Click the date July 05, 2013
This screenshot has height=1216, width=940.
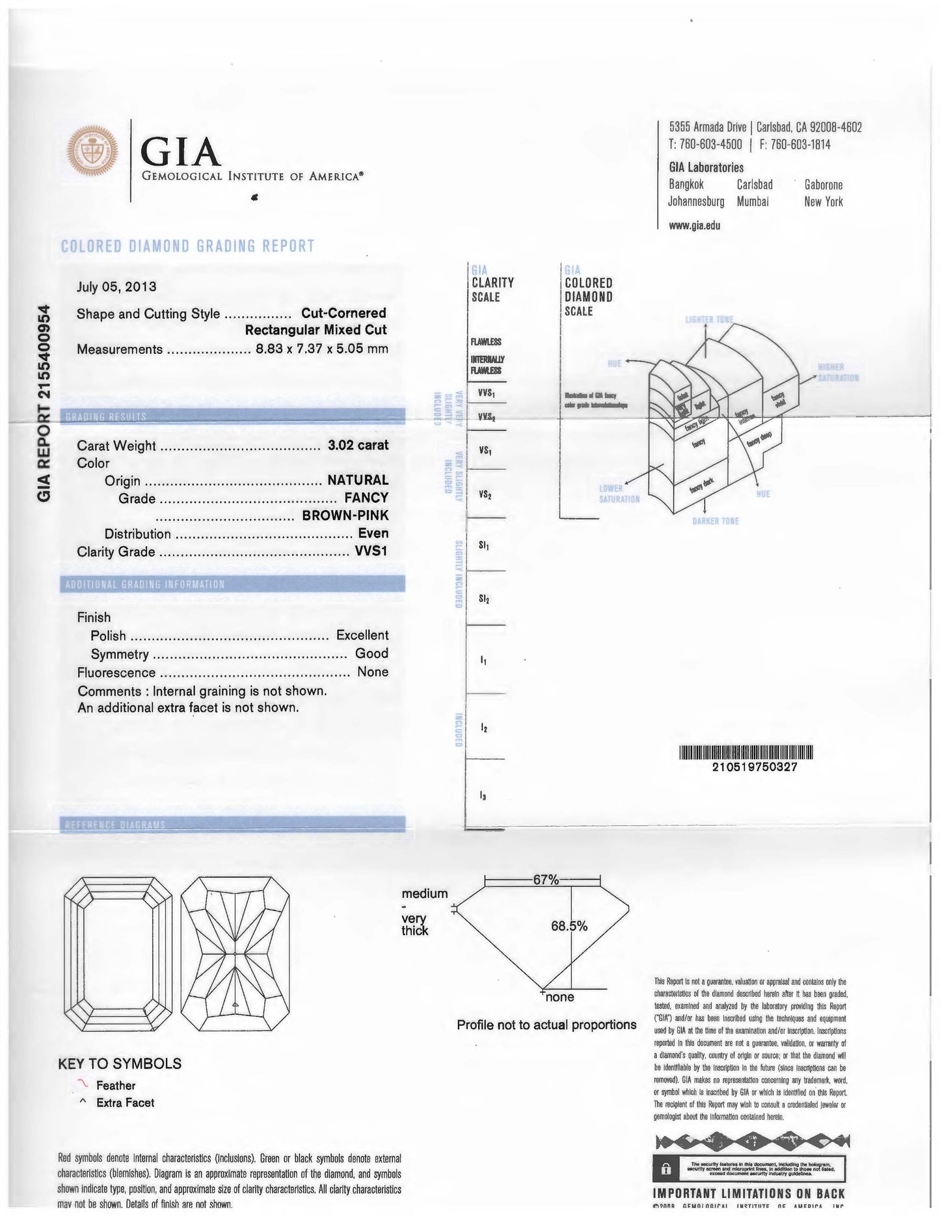116,286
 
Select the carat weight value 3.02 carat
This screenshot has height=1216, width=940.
358,446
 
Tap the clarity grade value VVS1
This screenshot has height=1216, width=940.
371,552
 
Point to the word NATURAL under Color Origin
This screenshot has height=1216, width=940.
358,480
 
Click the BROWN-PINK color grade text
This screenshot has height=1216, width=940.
345,516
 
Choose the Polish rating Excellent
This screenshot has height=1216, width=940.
362,635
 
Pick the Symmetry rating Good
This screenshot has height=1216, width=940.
371,653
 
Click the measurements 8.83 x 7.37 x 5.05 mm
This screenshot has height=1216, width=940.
322,349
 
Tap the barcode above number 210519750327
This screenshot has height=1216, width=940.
746,752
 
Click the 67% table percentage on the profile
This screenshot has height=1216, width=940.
546,880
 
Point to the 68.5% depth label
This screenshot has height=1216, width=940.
569,926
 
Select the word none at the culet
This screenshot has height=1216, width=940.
559,997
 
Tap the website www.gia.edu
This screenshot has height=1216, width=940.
695,226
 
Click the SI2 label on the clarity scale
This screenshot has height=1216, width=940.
484,599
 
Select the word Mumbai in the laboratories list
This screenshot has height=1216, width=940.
753,202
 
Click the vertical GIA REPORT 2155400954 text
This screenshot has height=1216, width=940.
44,403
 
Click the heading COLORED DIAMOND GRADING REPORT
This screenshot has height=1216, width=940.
187,246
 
